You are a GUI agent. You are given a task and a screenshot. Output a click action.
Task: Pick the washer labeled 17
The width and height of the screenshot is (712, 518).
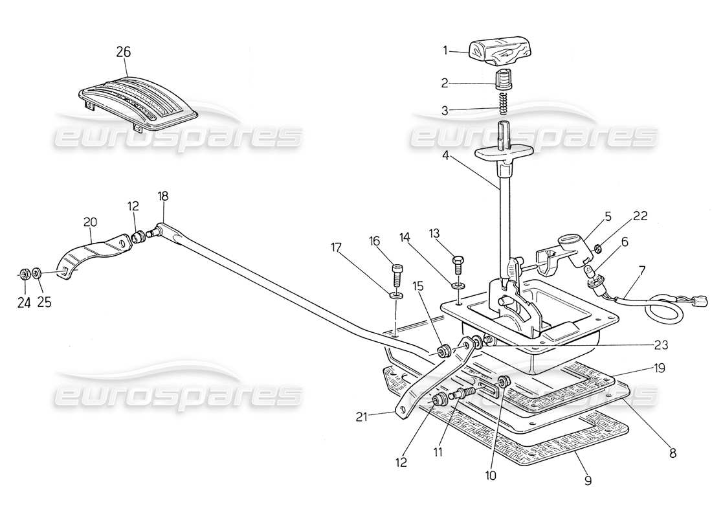[x=398, y=296]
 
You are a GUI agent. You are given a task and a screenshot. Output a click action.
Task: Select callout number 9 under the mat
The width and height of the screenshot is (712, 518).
[x=588, y=480]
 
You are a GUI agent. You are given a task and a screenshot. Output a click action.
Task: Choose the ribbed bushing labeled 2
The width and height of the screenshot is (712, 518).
[x=504, y=81]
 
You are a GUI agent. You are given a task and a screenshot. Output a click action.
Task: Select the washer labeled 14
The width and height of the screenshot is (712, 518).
[x=458, y=284]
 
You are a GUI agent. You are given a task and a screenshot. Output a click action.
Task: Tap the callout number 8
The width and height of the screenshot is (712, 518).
[x=673, y=454]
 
